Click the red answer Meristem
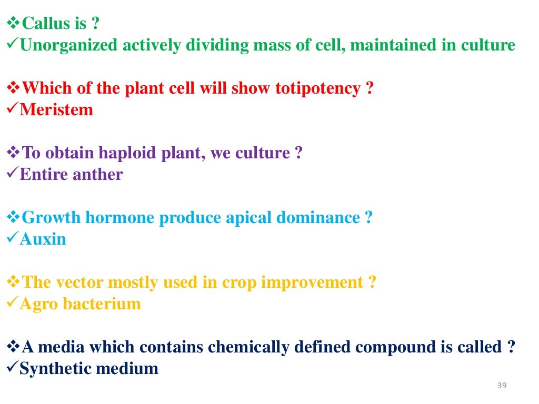pyautogui.click(x=56, y=110)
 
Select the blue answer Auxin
pyautogui.click(x=43, y=239)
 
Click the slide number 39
pyautogui.click(x=502, y=387)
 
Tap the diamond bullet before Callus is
pyautogui.click(x=13, y=24)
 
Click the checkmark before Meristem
pyautogui.click(x=12, y=110)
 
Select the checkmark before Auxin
pyautogui.click(x=12, y=239)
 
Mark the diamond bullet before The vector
pyautogui.click(x=13, y=283)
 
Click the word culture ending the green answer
pyautogui.click(x=488, y=45)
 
